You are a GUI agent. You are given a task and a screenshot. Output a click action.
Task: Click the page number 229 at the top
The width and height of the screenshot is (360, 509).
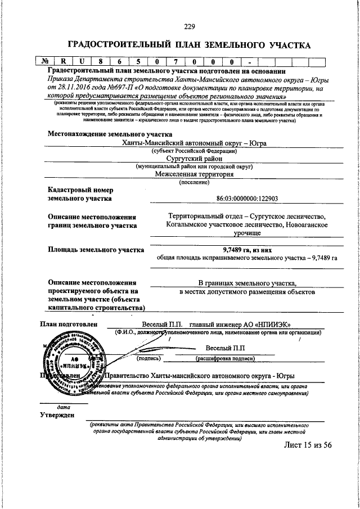coord(189,25)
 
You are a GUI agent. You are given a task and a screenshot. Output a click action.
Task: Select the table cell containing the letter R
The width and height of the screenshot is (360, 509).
coord(64,62)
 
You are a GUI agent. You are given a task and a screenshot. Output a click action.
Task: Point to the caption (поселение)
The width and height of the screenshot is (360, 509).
coord(193,182)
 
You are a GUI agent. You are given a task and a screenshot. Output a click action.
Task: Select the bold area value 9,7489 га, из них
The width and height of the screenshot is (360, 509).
coord(247,250)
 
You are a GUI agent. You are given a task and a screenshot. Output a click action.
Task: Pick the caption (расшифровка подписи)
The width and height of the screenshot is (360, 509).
coord(225,358)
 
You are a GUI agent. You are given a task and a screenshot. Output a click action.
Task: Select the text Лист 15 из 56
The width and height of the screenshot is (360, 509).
coord(308,444)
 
